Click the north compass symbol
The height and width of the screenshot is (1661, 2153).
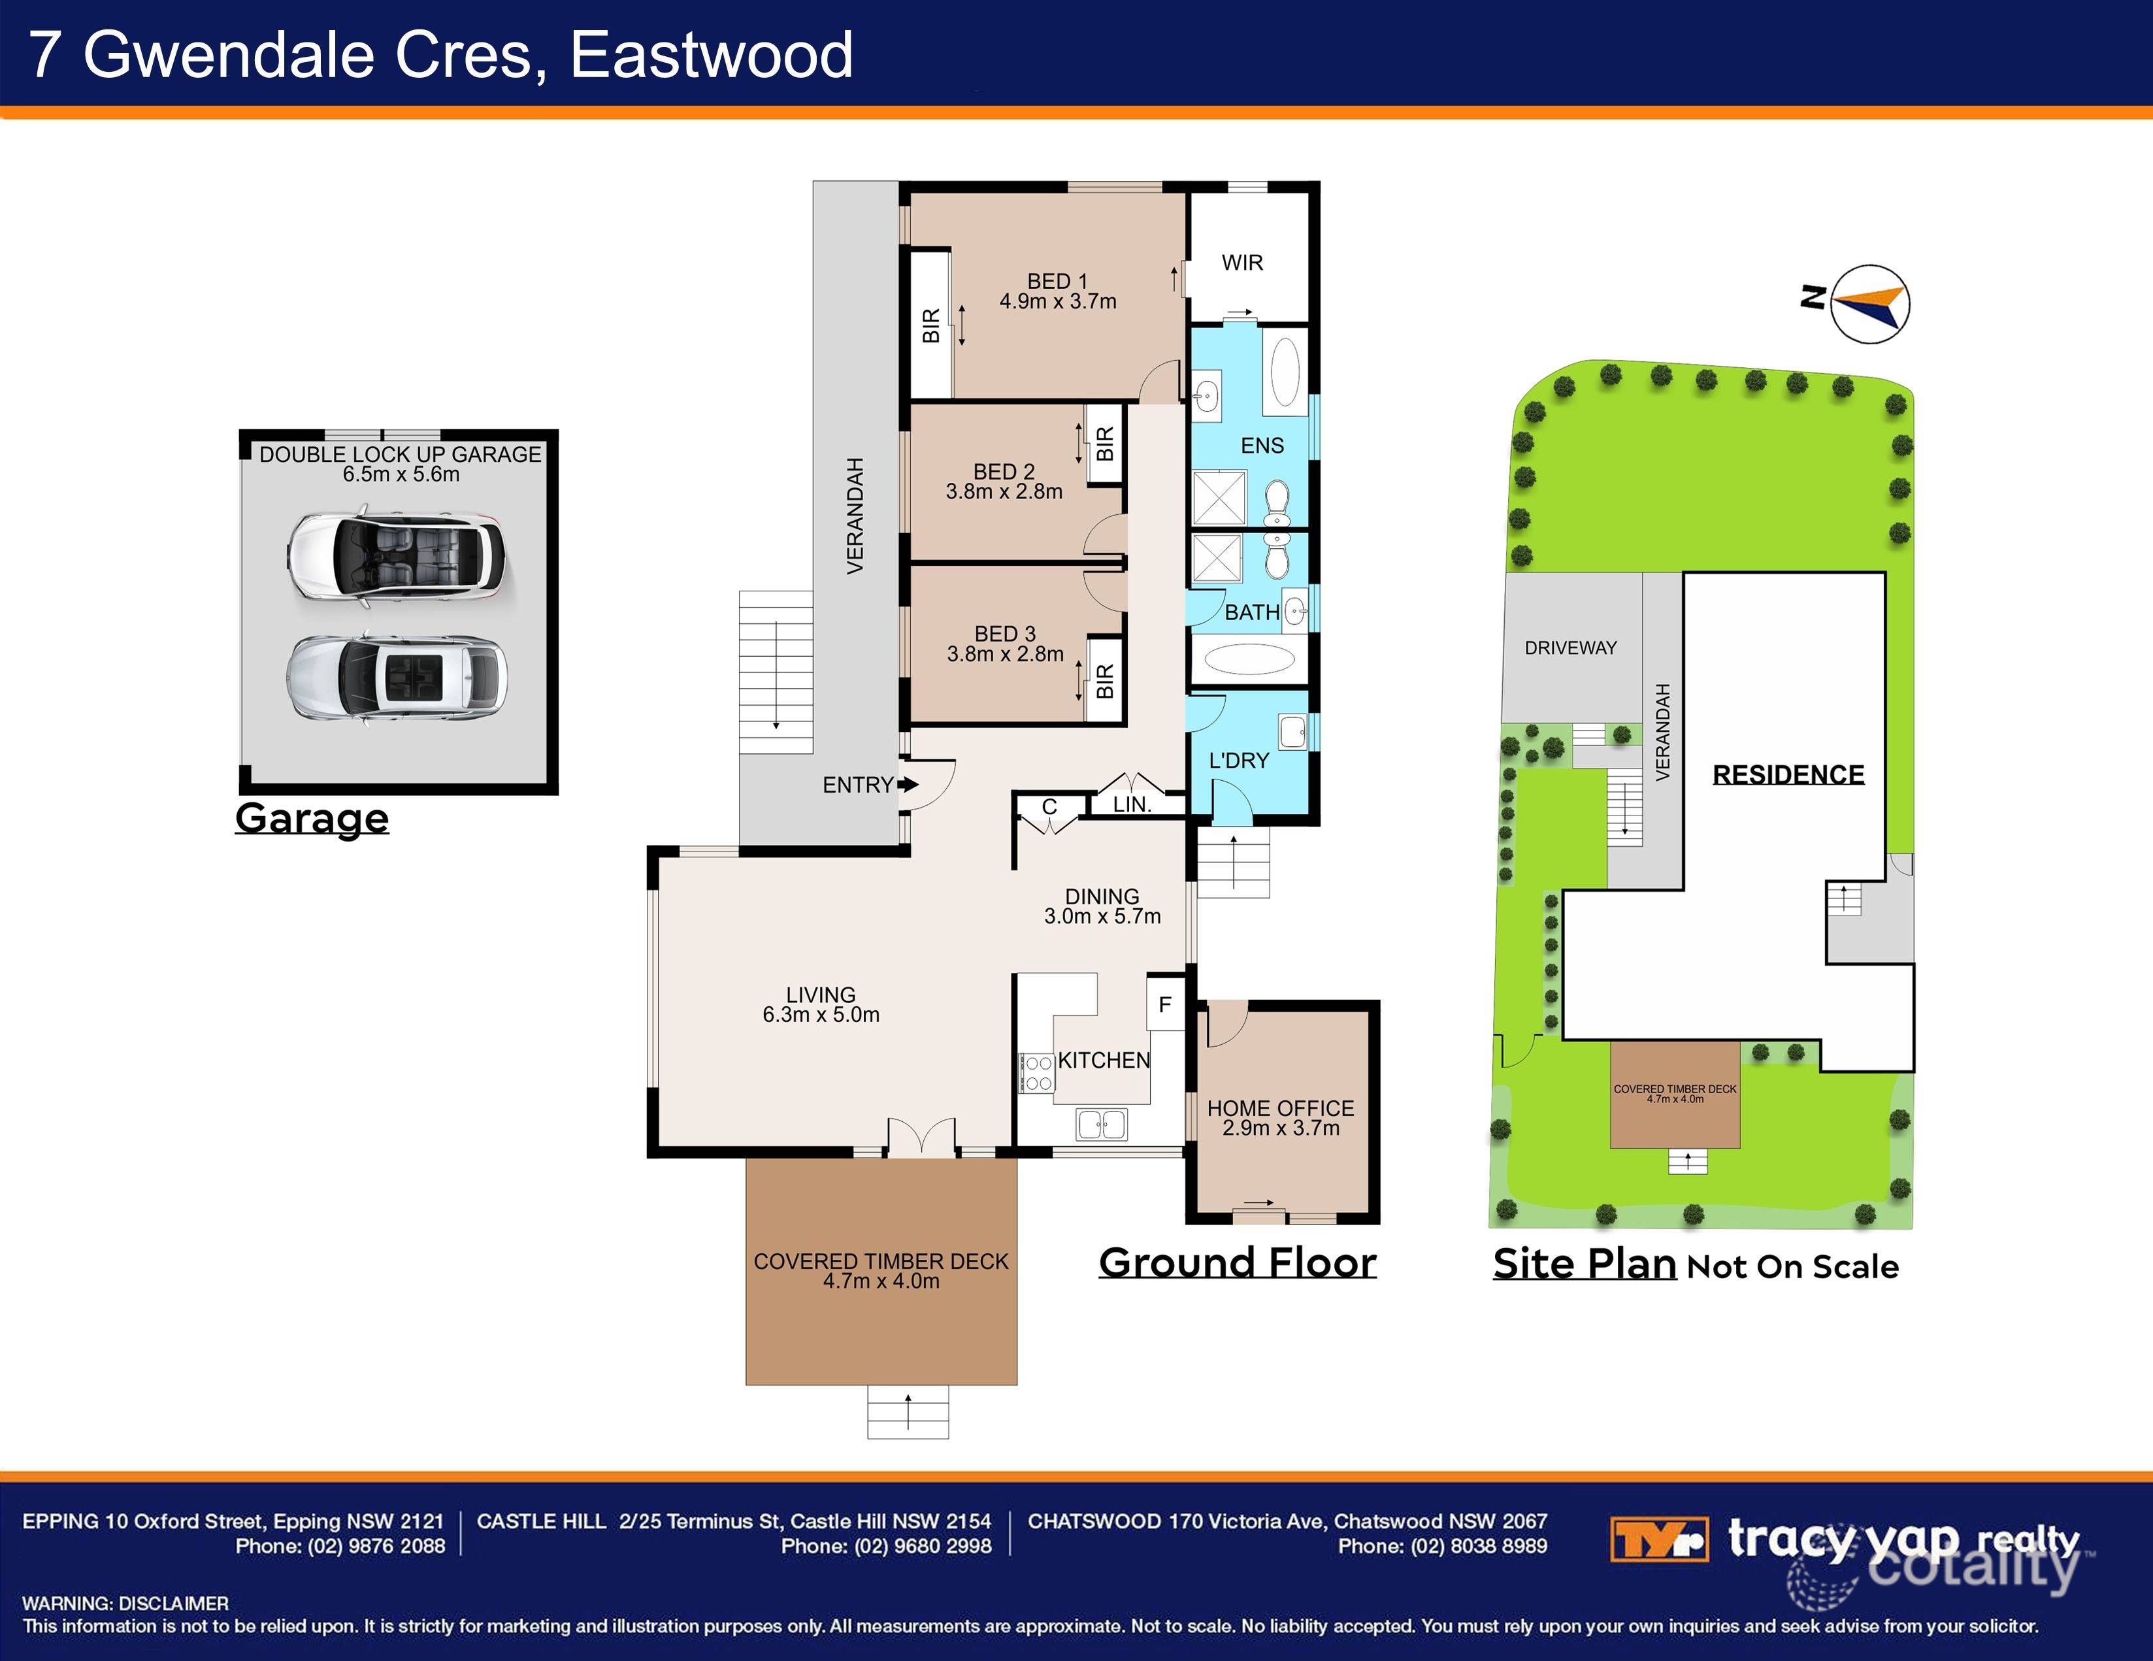pos(1869,304)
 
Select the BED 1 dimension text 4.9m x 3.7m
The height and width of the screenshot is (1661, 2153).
pos(1058,302)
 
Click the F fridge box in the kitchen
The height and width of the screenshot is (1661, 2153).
pos(1165,1004)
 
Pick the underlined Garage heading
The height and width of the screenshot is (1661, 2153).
pos(312,818)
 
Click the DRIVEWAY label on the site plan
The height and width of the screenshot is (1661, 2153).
pos(1570,648)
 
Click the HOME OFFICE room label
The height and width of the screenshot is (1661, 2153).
pos(1281,1109)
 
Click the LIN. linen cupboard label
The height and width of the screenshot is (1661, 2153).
pos(1132,804)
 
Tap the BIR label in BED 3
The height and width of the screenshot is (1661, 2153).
pos(1105,680)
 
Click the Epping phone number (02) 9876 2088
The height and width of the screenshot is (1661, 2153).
pos(376,1545)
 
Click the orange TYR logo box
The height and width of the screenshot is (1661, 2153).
pos(1659,1539)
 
